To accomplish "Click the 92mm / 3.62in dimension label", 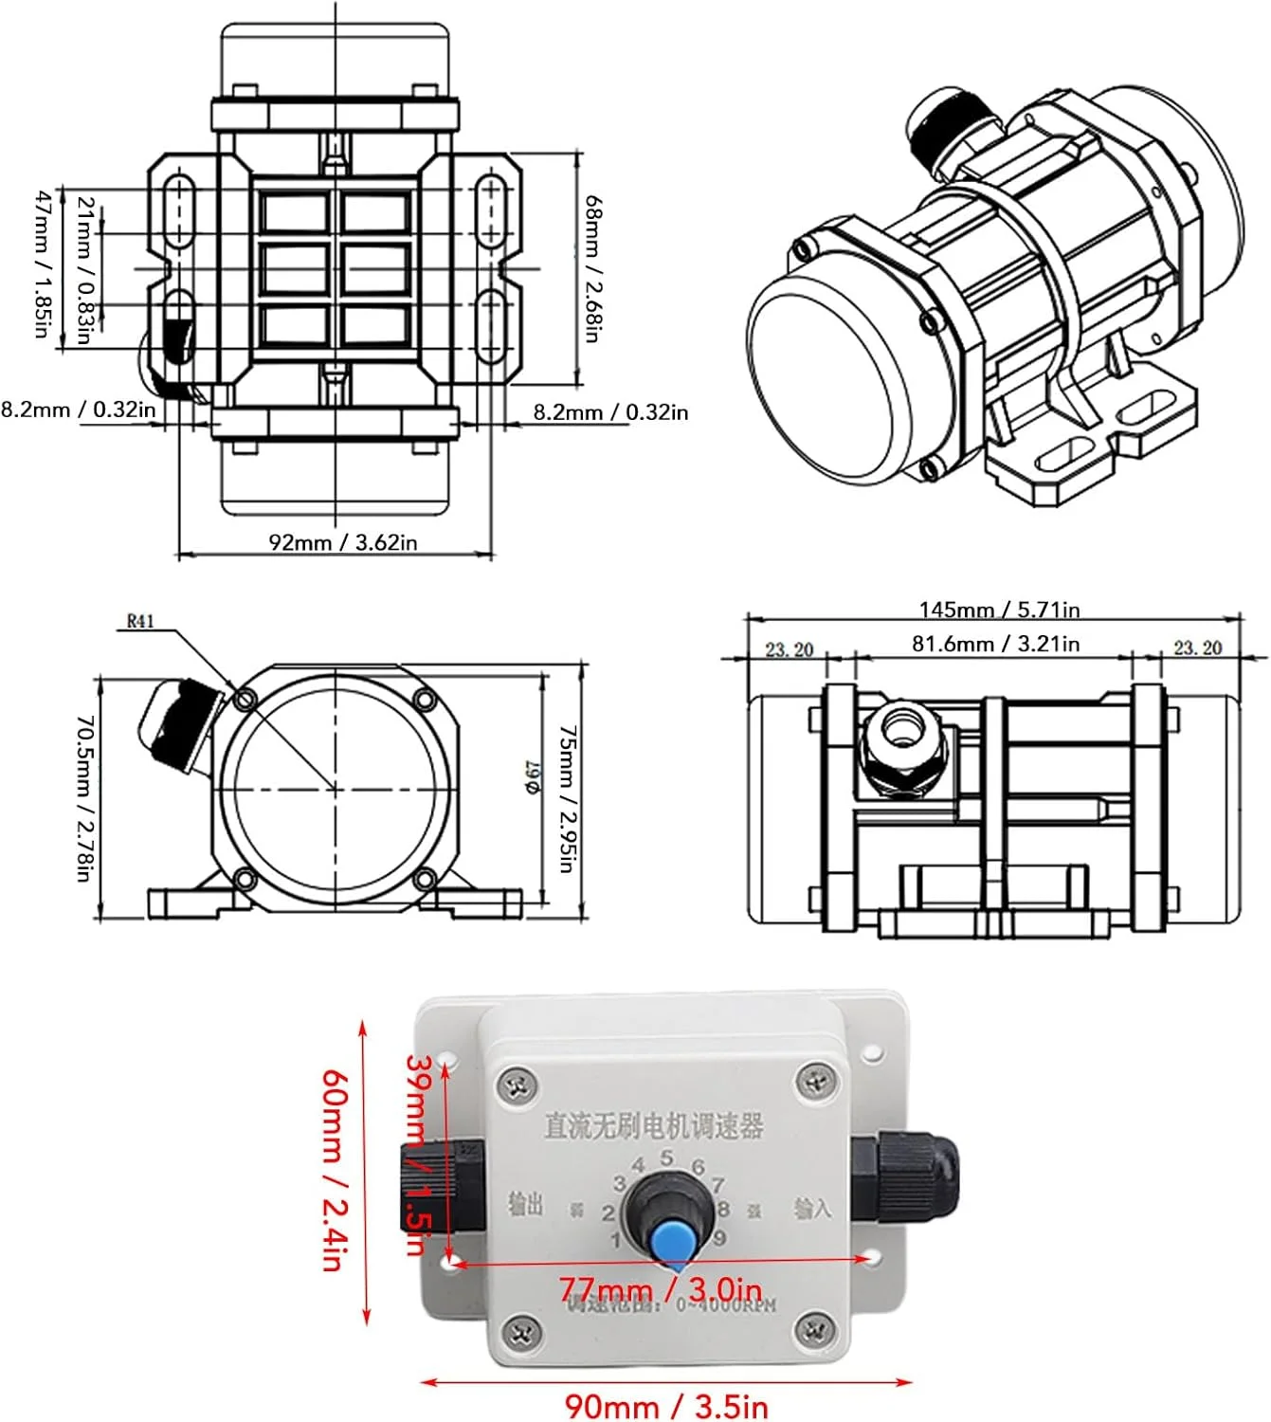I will (343, 542).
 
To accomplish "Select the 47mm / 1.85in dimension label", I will (42, 264).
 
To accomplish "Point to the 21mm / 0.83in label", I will (84, 270).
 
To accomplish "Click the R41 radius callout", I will (140, 622).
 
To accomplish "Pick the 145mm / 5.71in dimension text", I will (999, 610).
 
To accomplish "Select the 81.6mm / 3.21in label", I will (995, 644).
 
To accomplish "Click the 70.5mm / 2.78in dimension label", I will (84, 798).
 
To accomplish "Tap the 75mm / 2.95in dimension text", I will (566, 798).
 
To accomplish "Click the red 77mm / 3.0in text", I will (660, 1290).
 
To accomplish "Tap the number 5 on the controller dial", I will (667, 1158).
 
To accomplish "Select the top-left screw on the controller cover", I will (518, 1083).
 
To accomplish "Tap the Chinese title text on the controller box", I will (653, 1126).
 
